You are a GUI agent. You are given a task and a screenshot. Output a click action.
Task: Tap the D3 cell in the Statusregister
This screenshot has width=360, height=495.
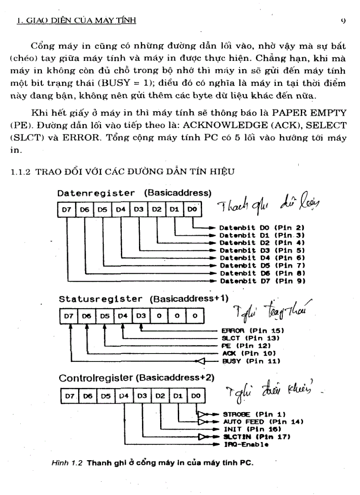140,316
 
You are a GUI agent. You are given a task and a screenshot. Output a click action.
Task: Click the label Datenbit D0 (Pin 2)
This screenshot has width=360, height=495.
263,228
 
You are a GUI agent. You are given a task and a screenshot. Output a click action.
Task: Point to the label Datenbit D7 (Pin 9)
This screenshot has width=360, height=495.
263,280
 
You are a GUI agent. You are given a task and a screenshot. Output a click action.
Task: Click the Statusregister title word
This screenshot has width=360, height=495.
101,299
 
